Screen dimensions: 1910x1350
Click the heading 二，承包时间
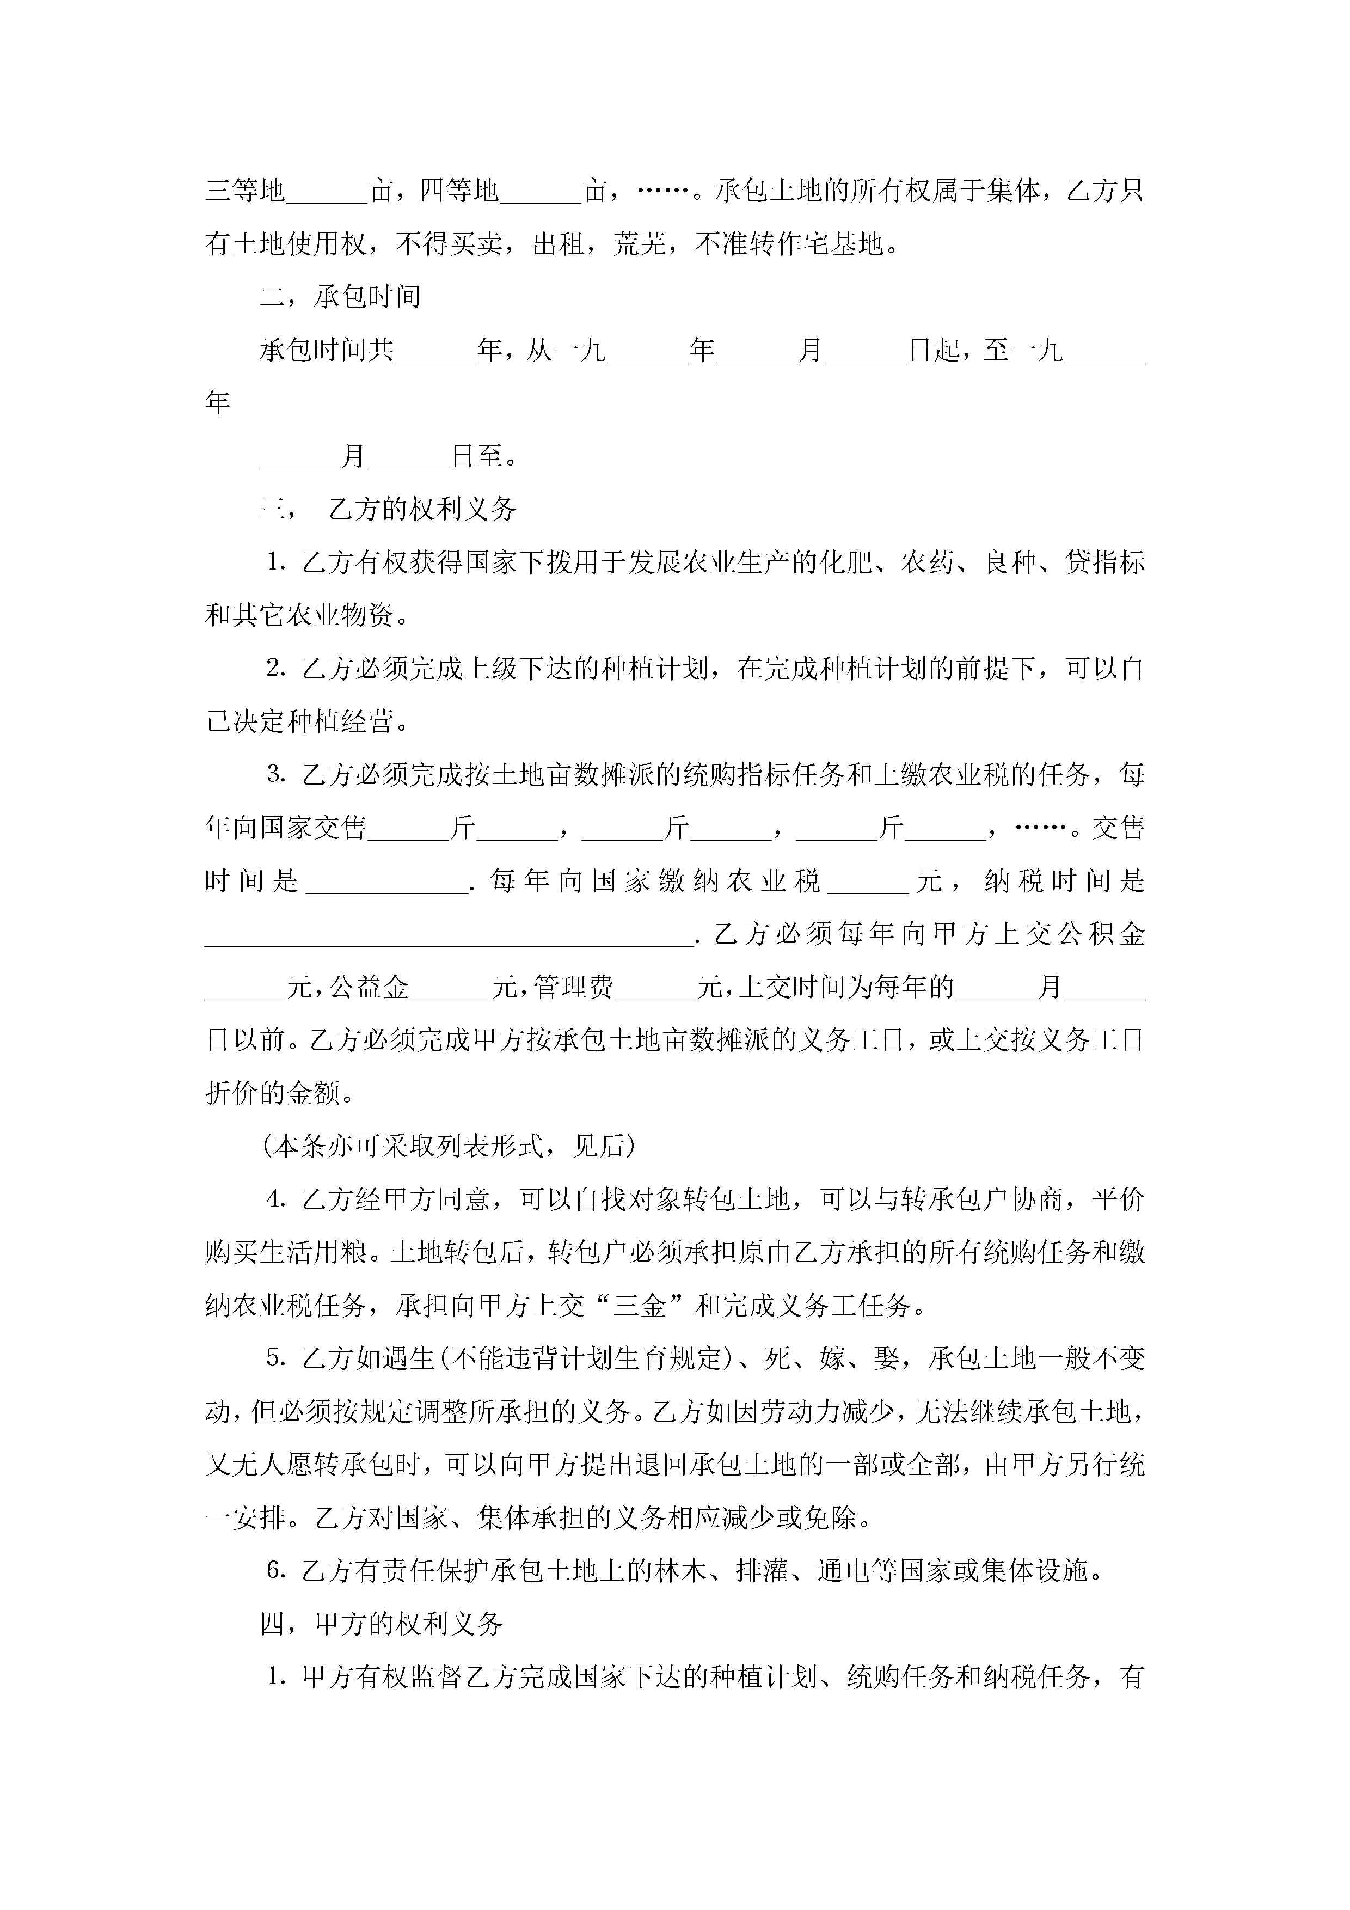339,297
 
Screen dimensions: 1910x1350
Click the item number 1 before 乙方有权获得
276,563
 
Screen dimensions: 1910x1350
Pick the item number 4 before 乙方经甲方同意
276,1199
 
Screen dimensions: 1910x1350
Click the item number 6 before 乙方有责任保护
276,1571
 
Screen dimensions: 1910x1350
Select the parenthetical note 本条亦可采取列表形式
449,1146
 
